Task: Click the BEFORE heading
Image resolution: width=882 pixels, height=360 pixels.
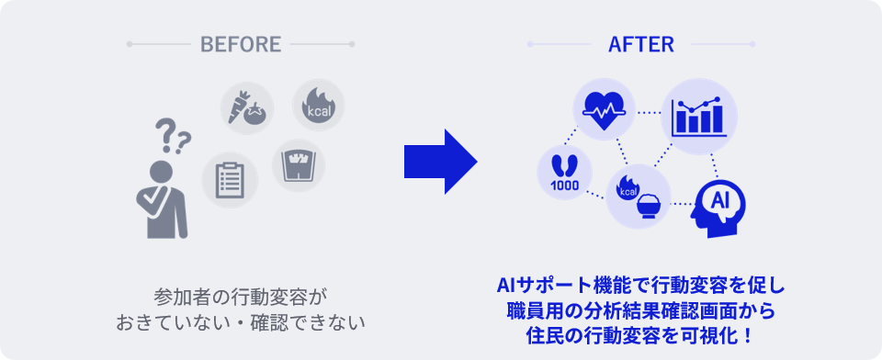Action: [241, 44]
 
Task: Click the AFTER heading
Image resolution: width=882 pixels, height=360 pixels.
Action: [640, 44]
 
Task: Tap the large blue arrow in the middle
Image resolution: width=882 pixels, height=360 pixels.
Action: [440, 162]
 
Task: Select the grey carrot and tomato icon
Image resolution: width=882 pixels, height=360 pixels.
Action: [246, 108]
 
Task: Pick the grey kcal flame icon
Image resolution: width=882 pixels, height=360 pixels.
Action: [319, 106]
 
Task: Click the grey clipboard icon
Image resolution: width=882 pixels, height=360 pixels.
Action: [230, 180]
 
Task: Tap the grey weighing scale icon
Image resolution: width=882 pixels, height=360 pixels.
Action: [298, 165]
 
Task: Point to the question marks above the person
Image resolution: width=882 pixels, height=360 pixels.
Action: [173, 136]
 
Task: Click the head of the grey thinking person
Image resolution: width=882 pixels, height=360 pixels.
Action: [160, 172]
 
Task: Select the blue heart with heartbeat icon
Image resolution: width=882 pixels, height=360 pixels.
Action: [604, 109]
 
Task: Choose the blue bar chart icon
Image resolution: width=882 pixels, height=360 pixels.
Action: [699, 117]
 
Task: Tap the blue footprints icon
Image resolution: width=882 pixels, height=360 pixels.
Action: [564, 166]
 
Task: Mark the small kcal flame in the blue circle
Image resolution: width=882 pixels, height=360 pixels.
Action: [628, 188]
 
